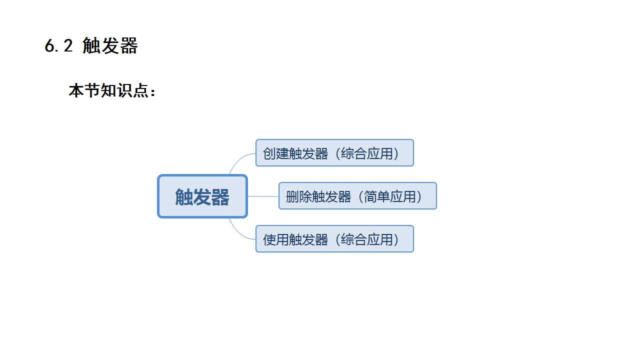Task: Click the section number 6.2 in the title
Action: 59,46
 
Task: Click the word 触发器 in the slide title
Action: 110,46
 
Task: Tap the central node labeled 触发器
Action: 202,196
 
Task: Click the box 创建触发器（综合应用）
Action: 334,153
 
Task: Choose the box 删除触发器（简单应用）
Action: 357,196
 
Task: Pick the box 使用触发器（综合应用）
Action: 334,239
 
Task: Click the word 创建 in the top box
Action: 276,153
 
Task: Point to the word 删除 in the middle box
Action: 299,196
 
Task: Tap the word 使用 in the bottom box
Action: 276,239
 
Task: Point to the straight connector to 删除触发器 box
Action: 263,196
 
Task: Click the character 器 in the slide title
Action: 129,46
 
